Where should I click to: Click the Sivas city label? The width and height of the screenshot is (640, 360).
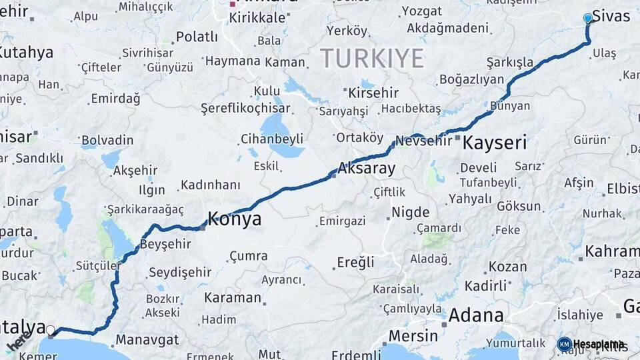click(611, 17)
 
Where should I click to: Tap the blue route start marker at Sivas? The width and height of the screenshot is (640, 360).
click(587, 18)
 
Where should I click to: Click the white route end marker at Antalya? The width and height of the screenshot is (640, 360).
click(51, 329)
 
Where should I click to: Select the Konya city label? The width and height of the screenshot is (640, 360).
click(235, 219)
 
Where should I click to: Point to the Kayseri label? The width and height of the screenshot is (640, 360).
click(494, 142)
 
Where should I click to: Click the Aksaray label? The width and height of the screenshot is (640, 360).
click(367, 169)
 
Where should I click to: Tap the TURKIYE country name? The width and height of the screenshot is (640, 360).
click(372, 59)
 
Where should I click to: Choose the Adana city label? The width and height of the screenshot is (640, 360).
click(476, 315)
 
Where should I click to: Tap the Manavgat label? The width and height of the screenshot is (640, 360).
click(147, 339)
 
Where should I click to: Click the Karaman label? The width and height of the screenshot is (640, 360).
click(233, 297)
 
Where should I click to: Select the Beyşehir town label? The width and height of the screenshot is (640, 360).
click(165, 244)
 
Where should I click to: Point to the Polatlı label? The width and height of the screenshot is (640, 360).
click(197, 37)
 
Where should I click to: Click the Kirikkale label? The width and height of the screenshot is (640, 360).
click(257, 18)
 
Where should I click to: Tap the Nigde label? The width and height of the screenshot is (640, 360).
click(410, 213)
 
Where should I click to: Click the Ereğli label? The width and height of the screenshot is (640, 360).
click(355, 262)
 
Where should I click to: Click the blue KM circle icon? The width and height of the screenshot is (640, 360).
click(565, 344)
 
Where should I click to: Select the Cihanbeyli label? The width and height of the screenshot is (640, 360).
click(271, 139)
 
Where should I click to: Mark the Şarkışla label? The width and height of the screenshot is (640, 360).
click(510, 62)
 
